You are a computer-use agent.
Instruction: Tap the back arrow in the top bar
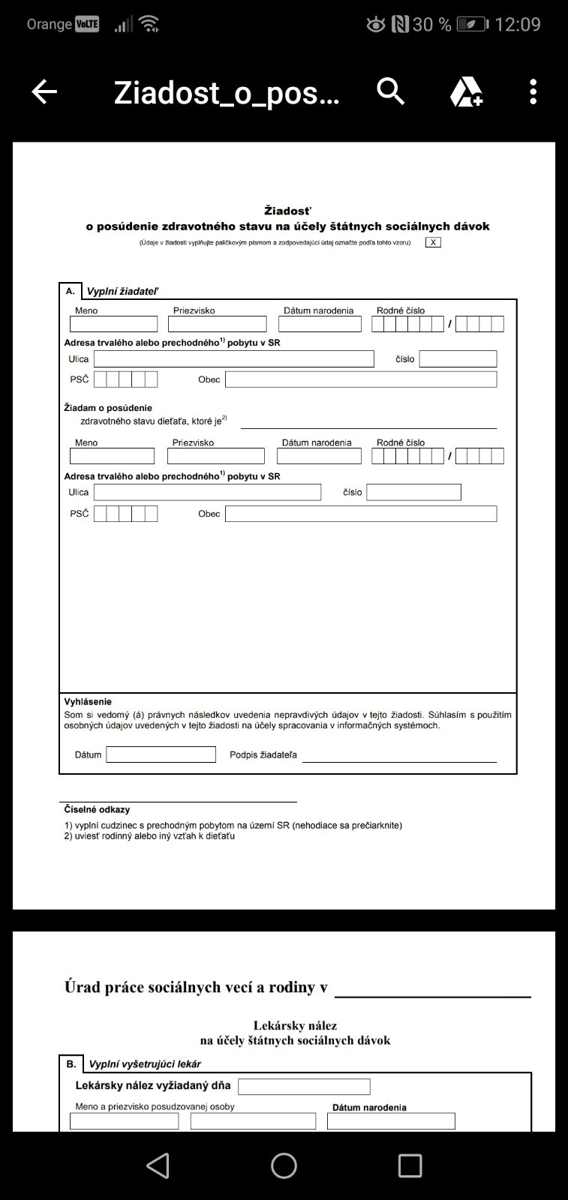click(44, 91)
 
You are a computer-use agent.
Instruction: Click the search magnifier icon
click(390, 91)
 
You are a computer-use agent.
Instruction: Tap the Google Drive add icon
click(465, 92)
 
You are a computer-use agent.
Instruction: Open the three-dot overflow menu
click(533, 91)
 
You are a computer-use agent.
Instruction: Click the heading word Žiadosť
click(287, 211)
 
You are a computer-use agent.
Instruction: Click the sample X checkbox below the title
click(433, 242)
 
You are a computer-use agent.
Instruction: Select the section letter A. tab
click(70, 291)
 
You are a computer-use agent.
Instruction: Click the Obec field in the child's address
click(360, 514)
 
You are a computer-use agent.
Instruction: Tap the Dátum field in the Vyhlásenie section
click(161, 754)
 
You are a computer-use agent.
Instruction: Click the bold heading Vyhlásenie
click(88, 702)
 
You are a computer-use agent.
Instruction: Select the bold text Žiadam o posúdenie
click(108, 408)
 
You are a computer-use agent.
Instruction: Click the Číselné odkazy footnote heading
click(97, 810)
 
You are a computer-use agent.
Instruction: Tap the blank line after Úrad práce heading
click(432, 990)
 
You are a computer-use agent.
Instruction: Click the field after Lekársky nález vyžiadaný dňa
click(304, 1087)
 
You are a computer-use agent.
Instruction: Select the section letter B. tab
click(71, 1063)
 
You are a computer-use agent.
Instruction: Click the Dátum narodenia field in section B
click(391, 1120)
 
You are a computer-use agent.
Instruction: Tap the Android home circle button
click(284, 1165)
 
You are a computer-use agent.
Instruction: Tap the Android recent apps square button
click(410, 1165)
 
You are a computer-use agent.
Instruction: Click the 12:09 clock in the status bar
click(517, 25)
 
